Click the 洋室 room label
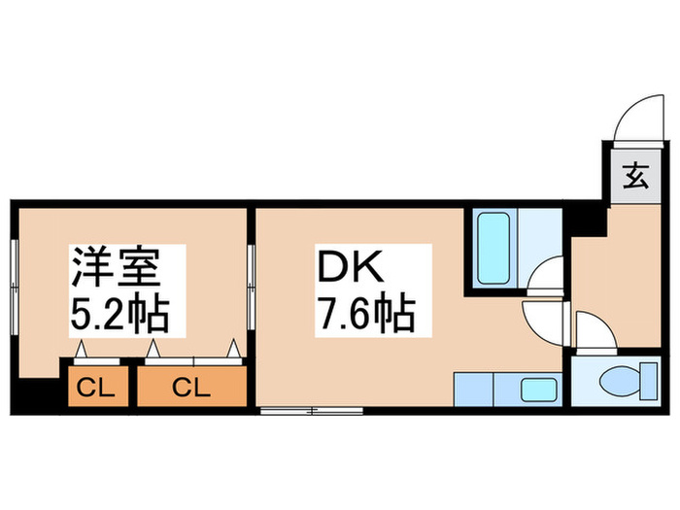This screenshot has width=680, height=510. point(112,265)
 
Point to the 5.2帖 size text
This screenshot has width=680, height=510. point(119,313)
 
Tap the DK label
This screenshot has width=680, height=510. point(342,265)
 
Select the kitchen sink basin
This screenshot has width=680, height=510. point(537,391)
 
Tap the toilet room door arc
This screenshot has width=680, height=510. point(593,330)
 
